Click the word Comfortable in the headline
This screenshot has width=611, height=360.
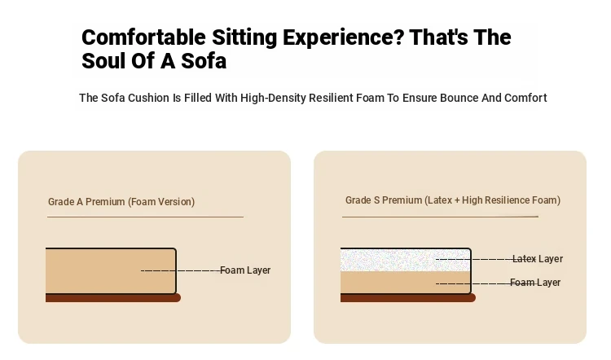tap(143, 37)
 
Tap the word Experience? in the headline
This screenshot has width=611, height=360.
tap(343, 37)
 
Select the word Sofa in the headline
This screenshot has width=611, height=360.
tap(204, 61)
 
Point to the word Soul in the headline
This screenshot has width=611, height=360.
tap(103, 61)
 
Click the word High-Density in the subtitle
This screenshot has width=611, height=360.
tap(273, 98)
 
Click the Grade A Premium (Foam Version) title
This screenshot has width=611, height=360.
tap(121, 202)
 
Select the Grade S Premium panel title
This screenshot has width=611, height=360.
tap(453, 200)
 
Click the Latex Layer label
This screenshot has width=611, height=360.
tap(538, 259)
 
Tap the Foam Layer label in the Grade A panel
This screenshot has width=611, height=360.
tap(245, 270)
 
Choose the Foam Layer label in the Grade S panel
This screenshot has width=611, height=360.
tap(535, 282)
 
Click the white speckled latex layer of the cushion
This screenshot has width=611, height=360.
tap(405, 261)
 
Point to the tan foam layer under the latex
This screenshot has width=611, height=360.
tap(405, 282)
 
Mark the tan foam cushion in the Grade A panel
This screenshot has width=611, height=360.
tap(111, 270)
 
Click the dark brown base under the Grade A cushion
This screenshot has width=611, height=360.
tap(113, 298)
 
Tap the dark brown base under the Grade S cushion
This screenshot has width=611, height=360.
tap(408, 298)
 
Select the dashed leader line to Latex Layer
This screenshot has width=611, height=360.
tap(474, 259)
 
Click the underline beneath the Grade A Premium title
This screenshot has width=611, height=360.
tap(145, 217)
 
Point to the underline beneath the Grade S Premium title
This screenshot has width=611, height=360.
tap(440, 217)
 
